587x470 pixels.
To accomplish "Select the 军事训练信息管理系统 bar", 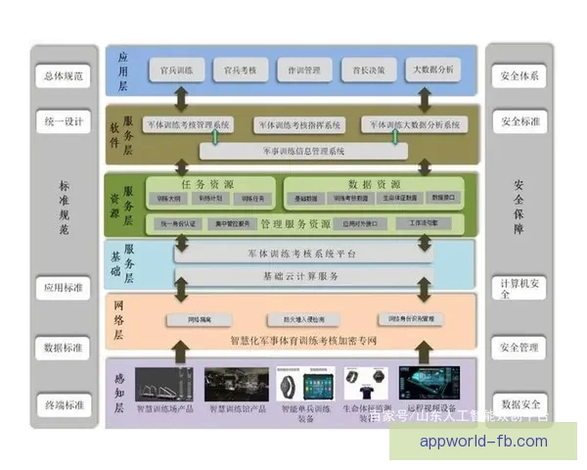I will (x=304, y=151).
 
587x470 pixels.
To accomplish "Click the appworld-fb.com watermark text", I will (x=483, y=442).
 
